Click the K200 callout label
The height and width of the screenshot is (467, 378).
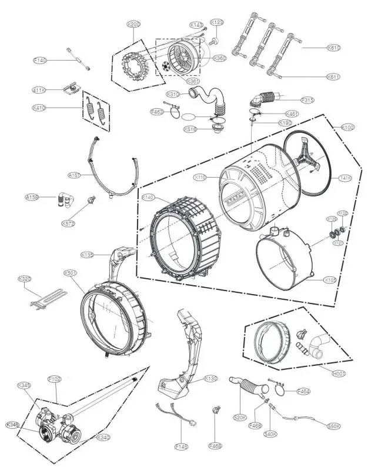[134, 24]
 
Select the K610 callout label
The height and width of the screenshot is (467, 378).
[334, 48]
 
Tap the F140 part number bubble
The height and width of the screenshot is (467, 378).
[40, 60]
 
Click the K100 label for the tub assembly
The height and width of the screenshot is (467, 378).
[348, 127]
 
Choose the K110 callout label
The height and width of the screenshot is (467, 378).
[201, 177]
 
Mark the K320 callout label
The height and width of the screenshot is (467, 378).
[25, 278]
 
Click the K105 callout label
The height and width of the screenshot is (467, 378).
[330, 280]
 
